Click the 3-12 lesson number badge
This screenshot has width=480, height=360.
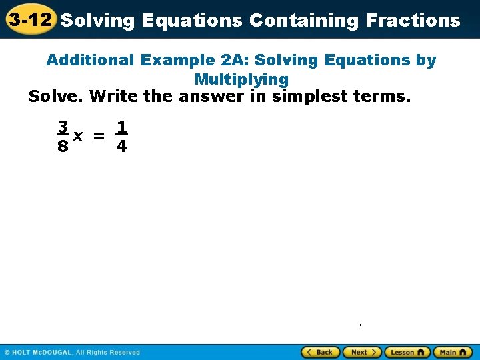pyautogui.click(x=30, y=19)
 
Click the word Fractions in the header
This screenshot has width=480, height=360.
pyautogui.click(x=413, y=20)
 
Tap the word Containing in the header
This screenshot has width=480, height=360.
pyautogui.click(x=304, y=20)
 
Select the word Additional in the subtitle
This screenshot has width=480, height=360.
pyautogui.click(x=91, y=61)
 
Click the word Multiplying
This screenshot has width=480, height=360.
pyautogui.click(x=241, y=79)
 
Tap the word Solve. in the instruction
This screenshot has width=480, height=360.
pyautogui.click(x=55, y=97)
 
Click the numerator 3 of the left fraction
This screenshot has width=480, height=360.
pyautogui.click(x=62, y=126)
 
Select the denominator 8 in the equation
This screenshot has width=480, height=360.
pyautogui.click(x=62, y=147)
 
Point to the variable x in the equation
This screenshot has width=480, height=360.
pyautogui.click(x=78, y=136)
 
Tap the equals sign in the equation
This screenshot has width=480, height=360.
pyautogui.click(x=99, y=136)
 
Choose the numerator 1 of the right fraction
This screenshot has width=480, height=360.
pyautogui.click(x=121, y=126)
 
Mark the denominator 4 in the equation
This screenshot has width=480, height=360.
pyautogui.click(x=121, y=147)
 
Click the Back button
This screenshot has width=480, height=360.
pyautogui.click(x=321, y=352)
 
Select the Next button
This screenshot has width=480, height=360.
pyautogui.click(x=362, y=352)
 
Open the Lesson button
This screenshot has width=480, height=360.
pyautogui.click(x=407, y=352)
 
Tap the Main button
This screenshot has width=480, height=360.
pyautogui.click(x=453, y=352)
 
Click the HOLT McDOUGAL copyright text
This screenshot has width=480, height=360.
pyautogui.click(x=73, y=352)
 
